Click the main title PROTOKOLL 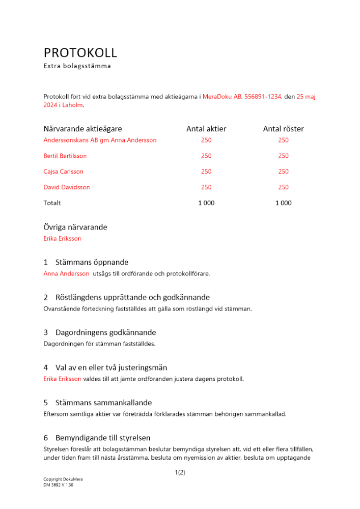80,52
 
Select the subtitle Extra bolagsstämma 77,66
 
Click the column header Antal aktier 206,129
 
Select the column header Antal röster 283,129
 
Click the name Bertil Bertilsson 65,156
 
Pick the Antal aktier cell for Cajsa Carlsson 206,172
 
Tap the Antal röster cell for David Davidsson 283,187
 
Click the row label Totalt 52,203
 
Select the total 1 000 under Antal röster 283,203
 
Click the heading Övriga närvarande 75,228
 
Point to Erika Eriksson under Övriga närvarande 62,239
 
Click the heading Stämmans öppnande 92,263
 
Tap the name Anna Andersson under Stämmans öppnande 66,274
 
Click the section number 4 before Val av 46,367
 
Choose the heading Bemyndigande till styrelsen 103,438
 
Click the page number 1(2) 180,473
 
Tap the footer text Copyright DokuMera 63,479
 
